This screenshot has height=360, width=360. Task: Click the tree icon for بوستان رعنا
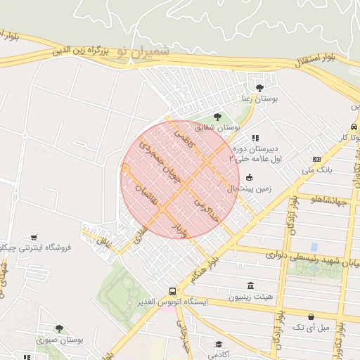(259, 88)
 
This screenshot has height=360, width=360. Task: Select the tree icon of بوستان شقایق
(216, 117)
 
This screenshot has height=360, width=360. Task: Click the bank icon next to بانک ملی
(316, 159)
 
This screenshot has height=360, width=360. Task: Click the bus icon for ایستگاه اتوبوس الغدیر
(172, 290)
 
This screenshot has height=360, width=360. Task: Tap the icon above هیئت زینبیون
(250, 285)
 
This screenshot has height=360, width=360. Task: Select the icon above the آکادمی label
(219, 345)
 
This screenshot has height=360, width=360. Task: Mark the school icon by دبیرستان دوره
(255, 139)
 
